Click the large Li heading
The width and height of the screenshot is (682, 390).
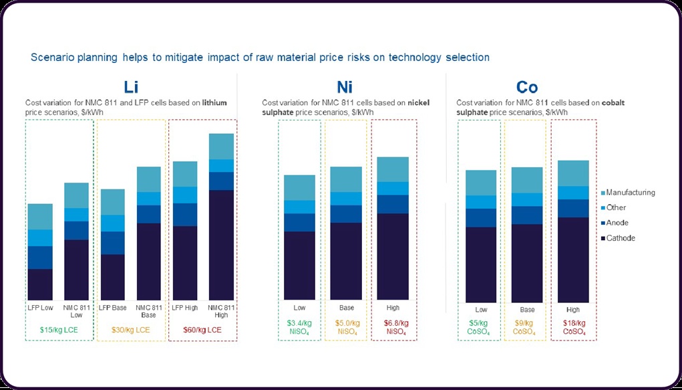click(x=131, y=86)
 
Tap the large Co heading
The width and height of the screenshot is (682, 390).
click(x=526, y=86)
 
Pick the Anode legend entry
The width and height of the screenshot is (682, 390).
click(x=617, y=223)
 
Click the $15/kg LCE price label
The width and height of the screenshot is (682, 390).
click(x=59, y=329)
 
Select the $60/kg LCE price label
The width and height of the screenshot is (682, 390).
click(x=203, y=329)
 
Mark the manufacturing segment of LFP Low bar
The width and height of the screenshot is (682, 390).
click(x=41, y=217)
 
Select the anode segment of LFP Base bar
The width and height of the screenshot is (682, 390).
click(x=112, y=243)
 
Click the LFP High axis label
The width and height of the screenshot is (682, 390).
click(x=185, y=306)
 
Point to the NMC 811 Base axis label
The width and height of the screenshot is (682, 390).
click(x=149, y=310)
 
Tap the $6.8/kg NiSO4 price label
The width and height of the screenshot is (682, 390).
click(x=393, y=327)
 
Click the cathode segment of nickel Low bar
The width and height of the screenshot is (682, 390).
click(x=299, y=266)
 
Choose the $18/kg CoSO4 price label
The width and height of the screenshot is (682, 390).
click(x=573, y=327)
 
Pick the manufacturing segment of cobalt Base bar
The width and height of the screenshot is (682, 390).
click(x=527, y=180)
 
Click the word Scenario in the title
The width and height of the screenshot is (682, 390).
click(x=53, y=58)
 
